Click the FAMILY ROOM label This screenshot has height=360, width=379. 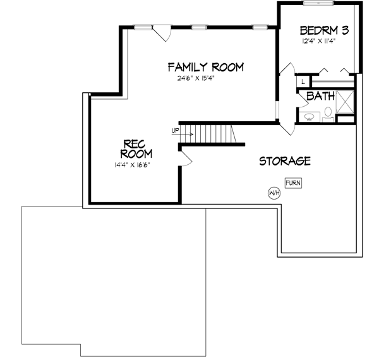[205, 67]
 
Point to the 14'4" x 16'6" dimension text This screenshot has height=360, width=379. [132, 165]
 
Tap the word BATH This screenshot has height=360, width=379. [320, 97]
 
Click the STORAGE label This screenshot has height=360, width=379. [285, 161]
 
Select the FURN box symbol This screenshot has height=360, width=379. [293, 183]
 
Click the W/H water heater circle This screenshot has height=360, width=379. [274, 193]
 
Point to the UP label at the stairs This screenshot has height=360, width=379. [175, 131]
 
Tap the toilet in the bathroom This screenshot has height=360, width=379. [328, 114]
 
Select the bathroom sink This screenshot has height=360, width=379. [310, 116]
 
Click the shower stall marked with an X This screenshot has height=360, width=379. [346, 101]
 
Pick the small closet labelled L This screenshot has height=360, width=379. [303, 81]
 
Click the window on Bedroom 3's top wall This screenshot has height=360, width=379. [318, 4]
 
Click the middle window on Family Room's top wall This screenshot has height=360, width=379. [200, 27]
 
